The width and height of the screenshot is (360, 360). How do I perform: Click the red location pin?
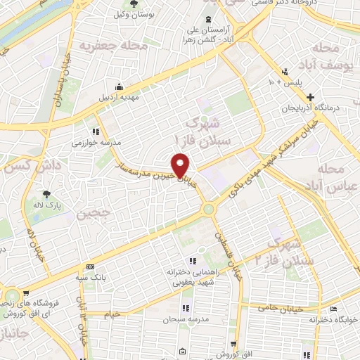(x=182, y=165)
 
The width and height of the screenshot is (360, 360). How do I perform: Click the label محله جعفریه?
(x=106, y=46)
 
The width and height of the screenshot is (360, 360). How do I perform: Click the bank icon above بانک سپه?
(x=89, y=267)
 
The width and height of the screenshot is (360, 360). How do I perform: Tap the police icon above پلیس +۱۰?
(x=285, y=72)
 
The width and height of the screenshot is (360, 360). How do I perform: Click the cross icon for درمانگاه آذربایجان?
(x=319, y=97)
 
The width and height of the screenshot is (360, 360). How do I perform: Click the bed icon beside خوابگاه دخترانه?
(x=333, y=308)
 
